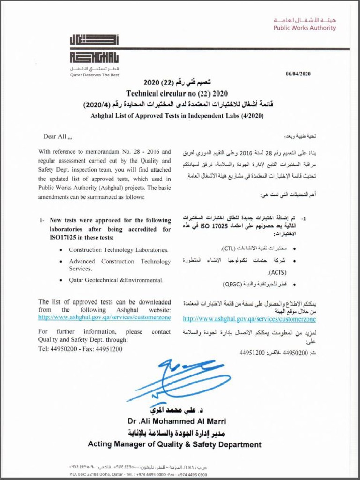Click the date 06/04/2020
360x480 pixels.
pos(298,74)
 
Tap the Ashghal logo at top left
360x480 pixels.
pos(94,49)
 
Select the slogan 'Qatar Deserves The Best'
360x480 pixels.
pos(94,75)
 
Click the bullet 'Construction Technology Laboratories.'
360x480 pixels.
pos(119,250)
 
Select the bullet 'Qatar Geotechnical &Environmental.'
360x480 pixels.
pos(116,280)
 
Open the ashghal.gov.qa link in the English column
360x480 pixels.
pos(105,317)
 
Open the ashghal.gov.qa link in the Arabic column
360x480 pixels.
pos(249,319)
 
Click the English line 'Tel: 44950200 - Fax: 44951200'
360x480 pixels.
pos(80,349)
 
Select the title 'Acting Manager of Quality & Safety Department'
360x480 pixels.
pos(174,444)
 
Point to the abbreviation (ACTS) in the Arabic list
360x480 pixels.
pos(277,272)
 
